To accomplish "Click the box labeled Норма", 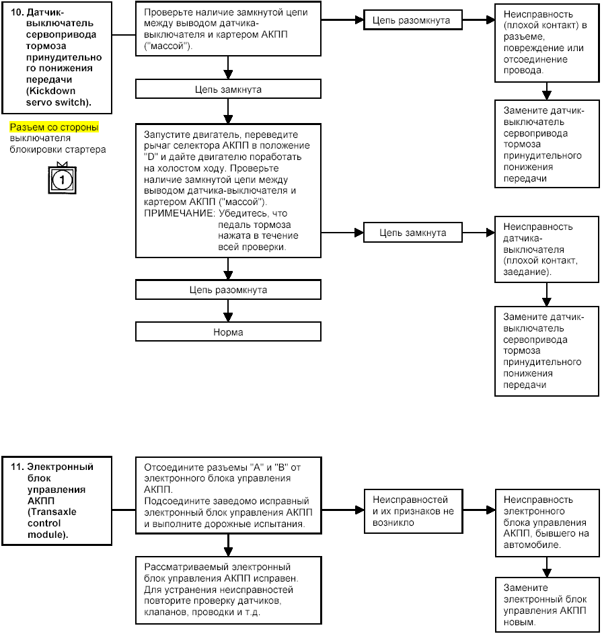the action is tap(228, 331).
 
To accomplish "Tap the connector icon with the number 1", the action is tap(62, 179).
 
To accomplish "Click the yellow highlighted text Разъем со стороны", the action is tap(54, 127).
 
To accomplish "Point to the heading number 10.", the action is tap(17, 12).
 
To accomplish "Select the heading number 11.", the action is tap(17, 467).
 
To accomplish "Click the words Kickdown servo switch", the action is tap(57, 97).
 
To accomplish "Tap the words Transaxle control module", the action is tap(52, 523).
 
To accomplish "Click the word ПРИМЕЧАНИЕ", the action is tap(179, 213).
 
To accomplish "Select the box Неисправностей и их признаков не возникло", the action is tap(413, 511).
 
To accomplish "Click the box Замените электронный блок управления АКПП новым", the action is tap(547, 604).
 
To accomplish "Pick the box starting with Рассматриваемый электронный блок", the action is tap(228, 590).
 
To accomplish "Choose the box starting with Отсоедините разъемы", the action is tap(228, 496).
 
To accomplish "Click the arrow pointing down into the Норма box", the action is tap(228, 311).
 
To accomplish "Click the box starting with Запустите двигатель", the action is tap(228, 190).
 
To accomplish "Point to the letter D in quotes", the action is tap(151, 157).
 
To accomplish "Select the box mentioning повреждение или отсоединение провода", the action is tap(547, 42).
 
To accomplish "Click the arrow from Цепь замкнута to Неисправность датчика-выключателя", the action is tap(479, 233).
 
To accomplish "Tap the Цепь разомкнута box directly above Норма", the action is tap(228, 290).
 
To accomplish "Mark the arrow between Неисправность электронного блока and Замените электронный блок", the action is tap(547, 567).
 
